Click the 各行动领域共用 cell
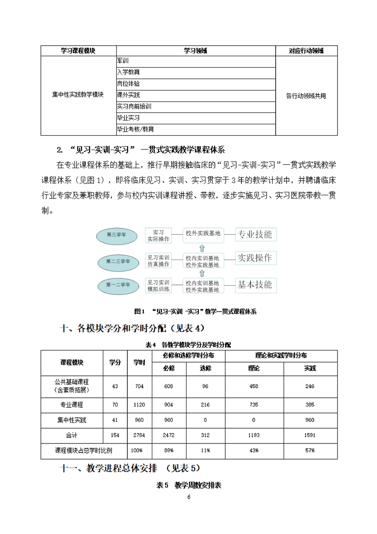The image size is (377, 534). (x=306, y=95)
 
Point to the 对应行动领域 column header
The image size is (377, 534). (x=306, y=50)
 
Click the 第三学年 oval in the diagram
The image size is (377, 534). (x=116, y=235)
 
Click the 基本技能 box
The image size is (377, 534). (x=255, y=285)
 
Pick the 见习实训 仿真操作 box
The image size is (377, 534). (x=159, y=261)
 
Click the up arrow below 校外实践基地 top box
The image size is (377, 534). (x=202, y=248)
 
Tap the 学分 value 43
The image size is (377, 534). (x=114, y=386)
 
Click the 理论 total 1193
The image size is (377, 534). (x=254, y=435)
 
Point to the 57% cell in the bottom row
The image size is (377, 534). (x=310, y=451)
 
